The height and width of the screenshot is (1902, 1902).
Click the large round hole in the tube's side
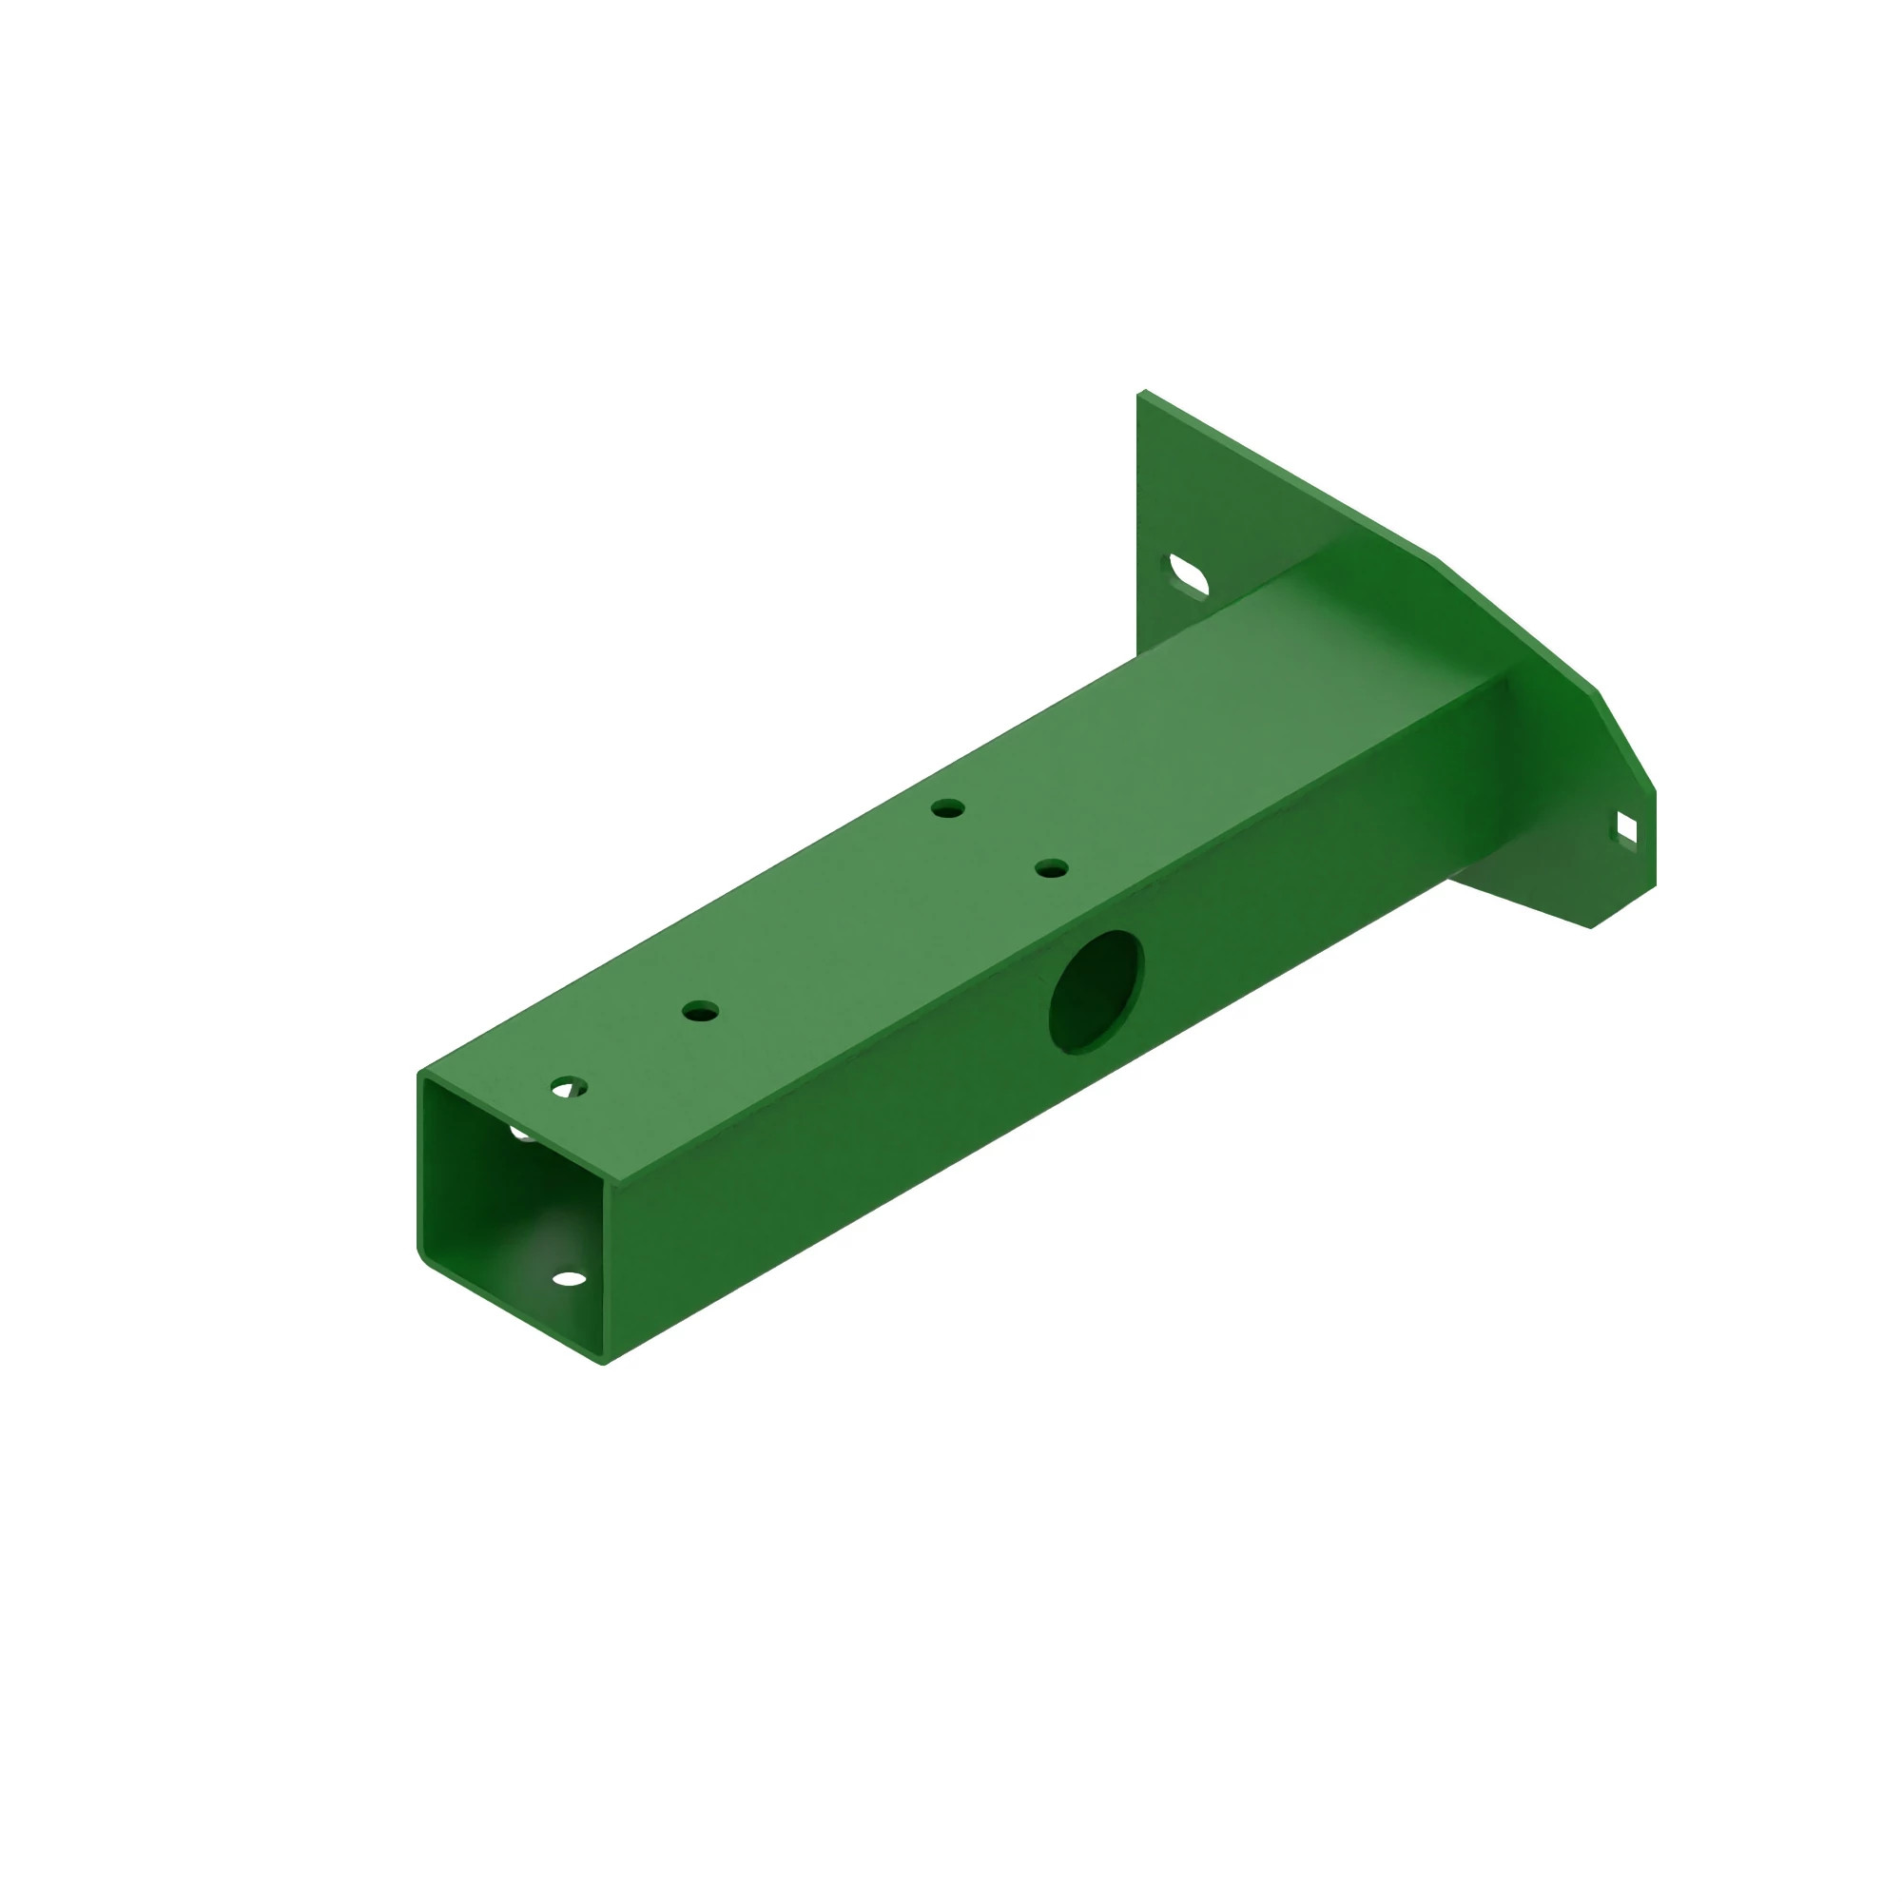coord(1097,991)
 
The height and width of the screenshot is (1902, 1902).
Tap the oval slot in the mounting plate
coord(1188,577)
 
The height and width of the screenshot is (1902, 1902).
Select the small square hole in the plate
coord(1626,829)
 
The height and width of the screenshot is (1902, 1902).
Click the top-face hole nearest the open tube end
coord(568,1088)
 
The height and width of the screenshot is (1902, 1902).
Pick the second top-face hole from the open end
coord(700,1011)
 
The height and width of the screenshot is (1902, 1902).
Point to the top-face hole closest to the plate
coord(948,809)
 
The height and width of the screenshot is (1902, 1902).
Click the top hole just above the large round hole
coord(1052,868)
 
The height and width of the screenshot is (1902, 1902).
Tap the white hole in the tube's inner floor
coord(569,1280)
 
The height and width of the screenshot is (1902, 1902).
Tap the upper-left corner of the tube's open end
coord(421,1073)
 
